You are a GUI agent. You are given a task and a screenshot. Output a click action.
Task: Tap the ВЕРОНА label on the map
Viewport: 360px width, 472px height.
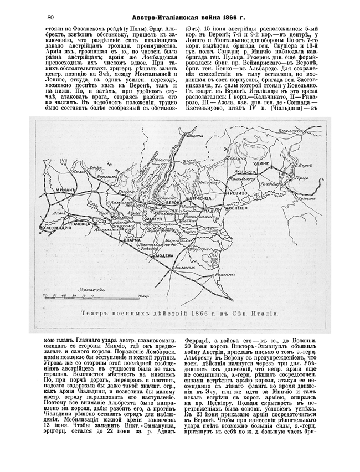(x=171, y=203)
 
